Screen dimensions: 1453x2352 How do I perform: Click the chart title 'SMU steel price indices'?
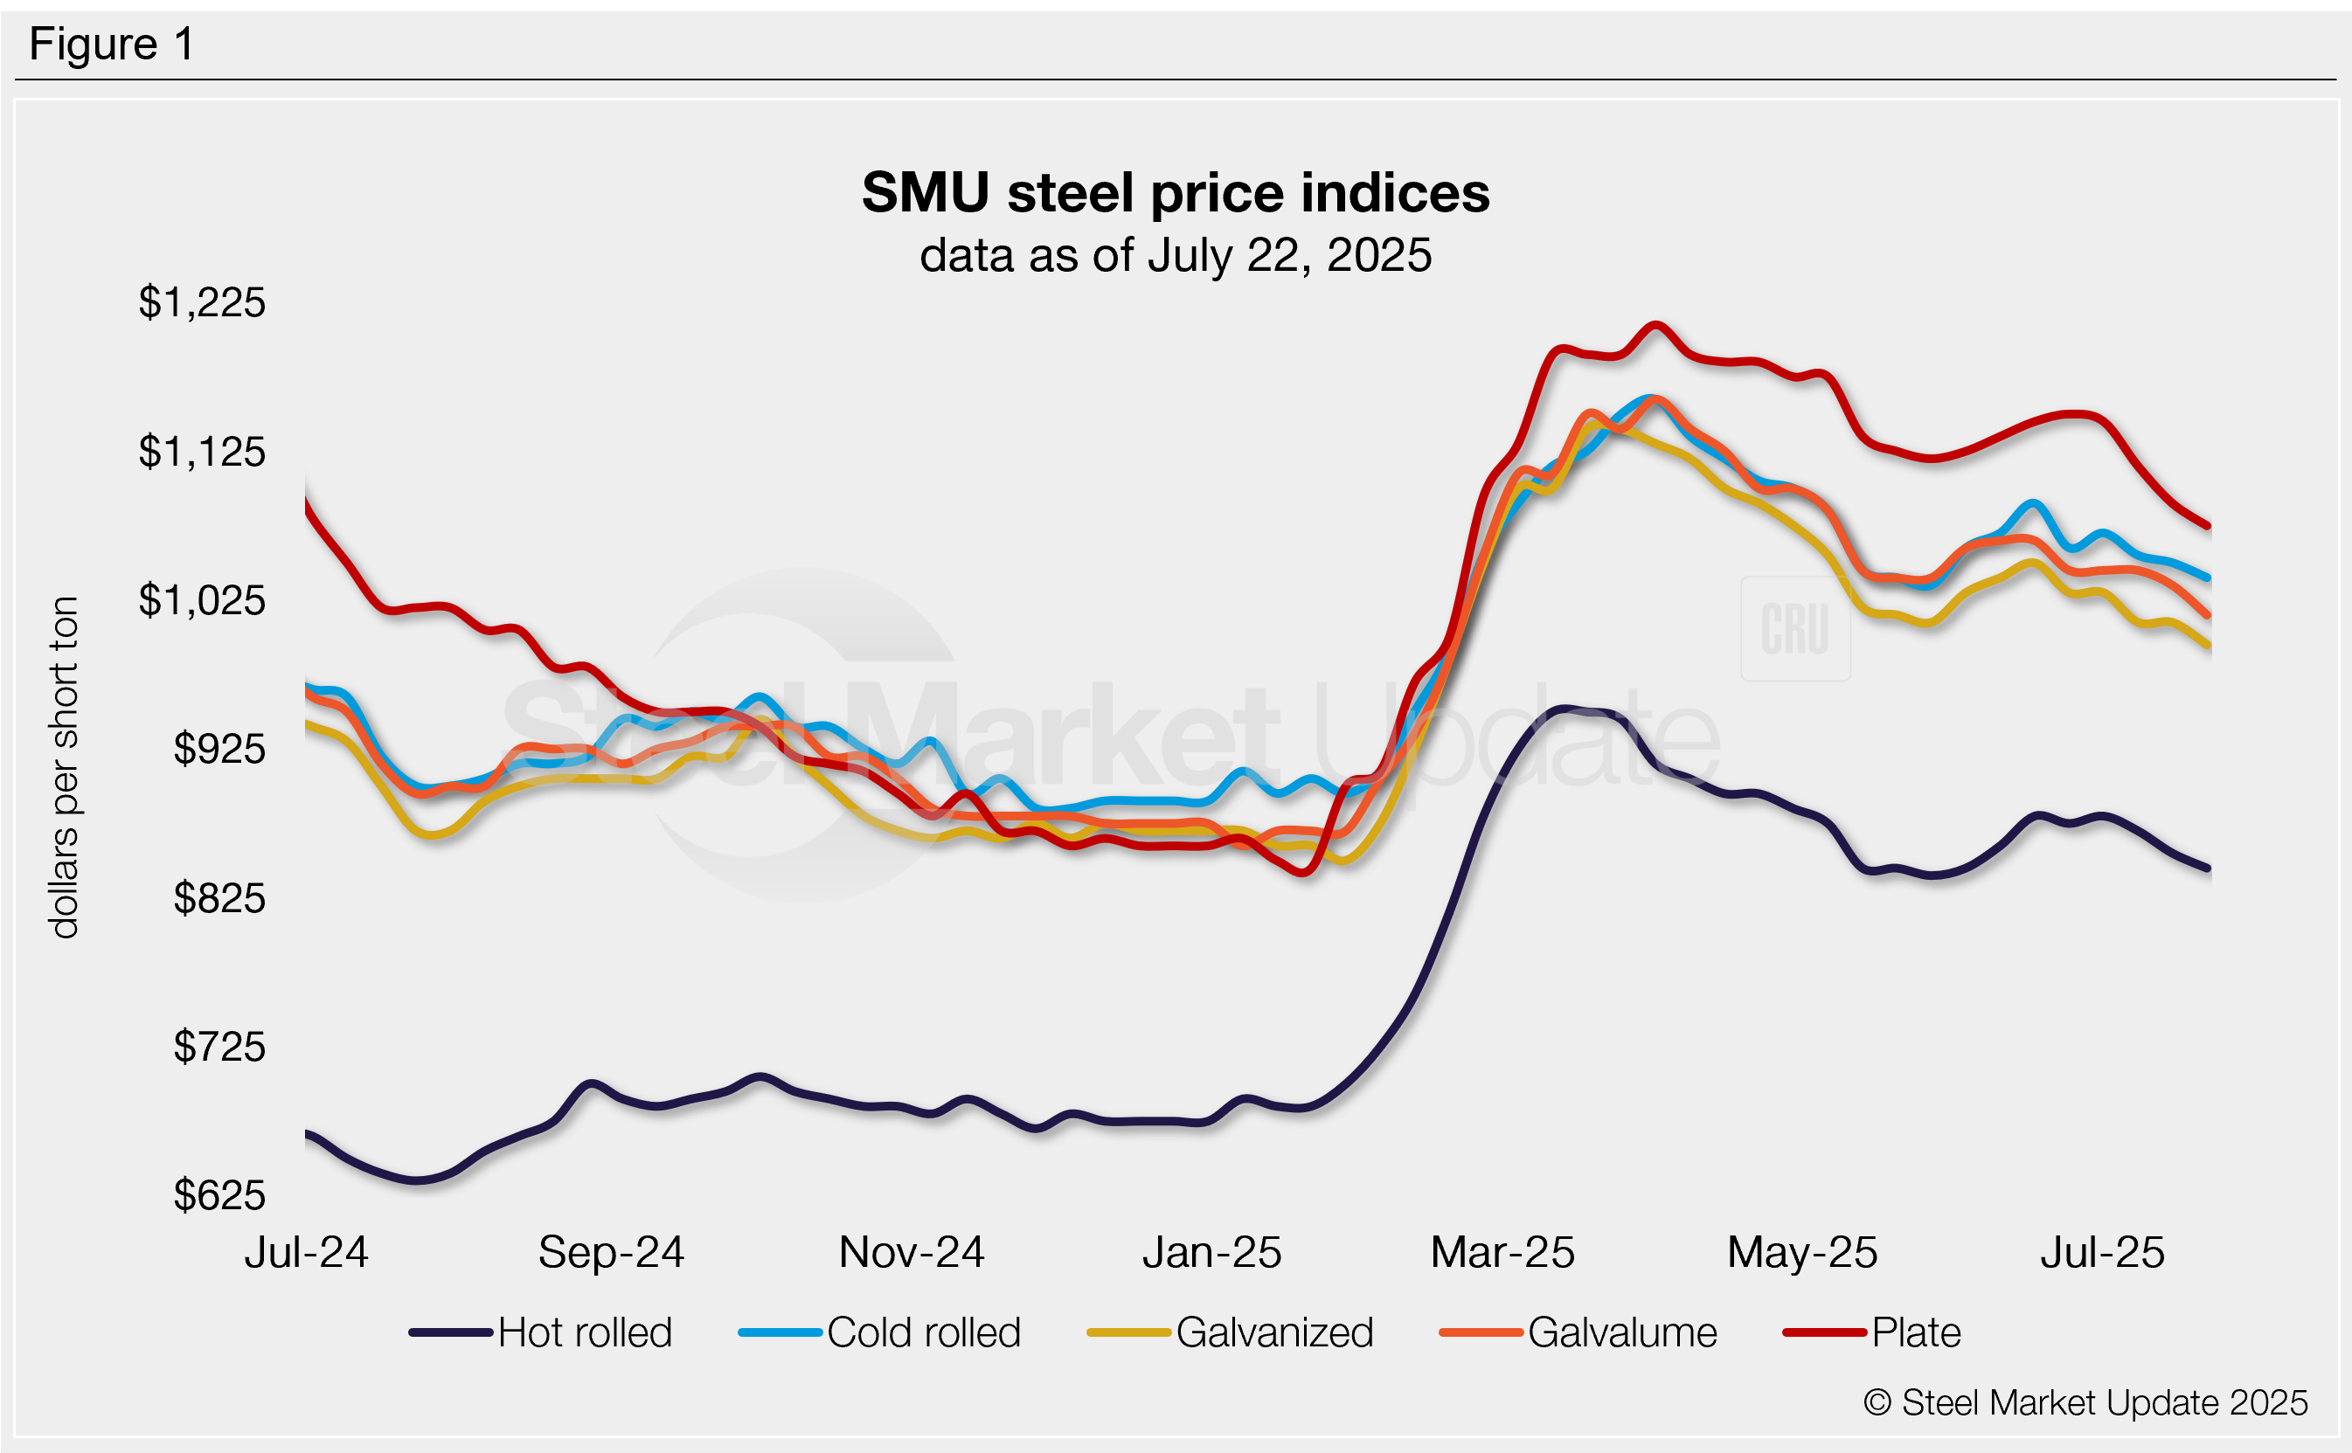pyautogui.click(x=1175, y=192)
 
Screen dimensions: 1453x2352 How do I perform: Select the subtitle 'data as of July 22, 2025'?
pyautogui.click(x=1175, y=256)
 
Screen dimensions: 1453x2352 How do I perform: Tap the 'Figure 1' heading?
pyautogui.click(x=112, y=45)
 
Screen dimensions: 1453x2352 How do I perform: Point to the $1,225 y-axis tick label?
pyautogui.click(x=202, y=302)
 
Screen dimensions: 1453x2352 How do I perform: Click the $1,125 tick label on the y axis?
pyautogui.click(x=202, y=452)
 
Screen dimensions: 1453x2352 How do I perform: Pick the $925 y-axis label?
pyautogui.click(x=219, y=749)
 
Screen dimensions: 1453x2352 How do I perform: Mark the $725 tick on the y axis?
pyautogui.click(x=219, y=1047)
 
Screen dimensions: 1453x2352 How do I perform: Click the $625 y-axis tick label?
pyautogui.click(x=219, y=1195)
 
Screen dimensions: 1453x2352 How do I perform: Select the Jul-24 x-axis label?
pyautogui.click(x=307, y=1252)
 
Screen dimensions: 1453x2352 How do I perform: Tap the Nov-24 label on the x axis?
pyautogui.click(x=912, y=1252)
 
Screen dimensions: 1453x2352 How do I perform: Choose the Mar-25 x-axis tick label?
pyautogui.click(x=1502, y=1252)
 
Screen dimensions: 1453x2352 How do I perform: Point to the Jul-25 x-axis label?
pyautogui.click(x=2102, y=1252)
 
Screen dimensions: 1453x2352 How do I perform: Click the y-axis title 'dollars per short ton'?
pyautogui.click(x=65, y=767)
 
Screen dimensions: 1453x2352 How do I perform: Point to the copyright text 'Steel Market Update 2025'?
pyautogui.click(x=2085, y=1403)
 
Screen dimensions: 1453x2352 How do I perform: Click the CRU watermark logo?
pyautogui.click(x=1794, y=629)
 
